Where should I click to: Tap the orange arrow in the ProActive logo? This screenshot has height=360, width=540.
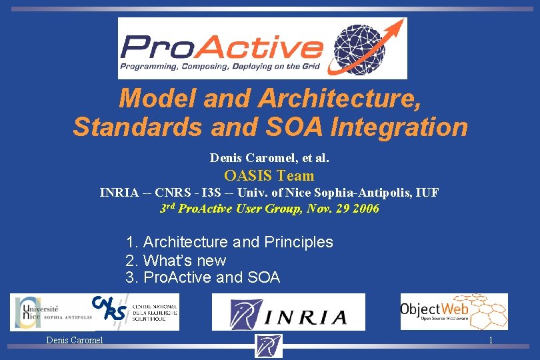point(393,30)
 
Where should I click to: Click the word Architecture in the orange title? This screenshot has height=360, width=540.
point(339,99)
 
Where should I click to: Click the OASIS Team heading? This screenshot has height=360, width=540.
point(269,175)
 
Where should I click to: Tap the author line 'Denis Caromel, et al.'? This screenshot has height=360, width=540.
point(269,158)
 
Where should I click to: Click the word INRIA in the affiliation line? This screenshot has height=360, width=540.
point(119,193)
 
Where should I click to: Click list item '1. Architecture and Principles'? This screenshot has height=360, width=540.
point(229,242)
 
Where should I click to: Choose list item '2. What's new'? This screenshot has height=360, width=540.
point(176,260)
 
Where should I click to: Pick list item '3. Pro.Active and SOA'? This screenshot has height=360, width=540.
point(203,277)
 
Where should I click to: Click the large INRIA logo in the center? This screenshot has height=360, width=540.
point(289,312)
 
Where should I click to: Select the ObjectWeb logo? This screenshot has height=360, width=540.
point(453,311)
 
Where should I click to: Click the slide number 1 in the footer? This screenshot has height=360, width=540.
point(491,341)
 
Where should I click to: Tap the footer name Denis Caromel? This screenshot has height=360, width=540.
point(75,341)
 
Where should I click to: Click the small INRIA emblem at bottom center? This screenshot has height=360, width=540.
point(269,346)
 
